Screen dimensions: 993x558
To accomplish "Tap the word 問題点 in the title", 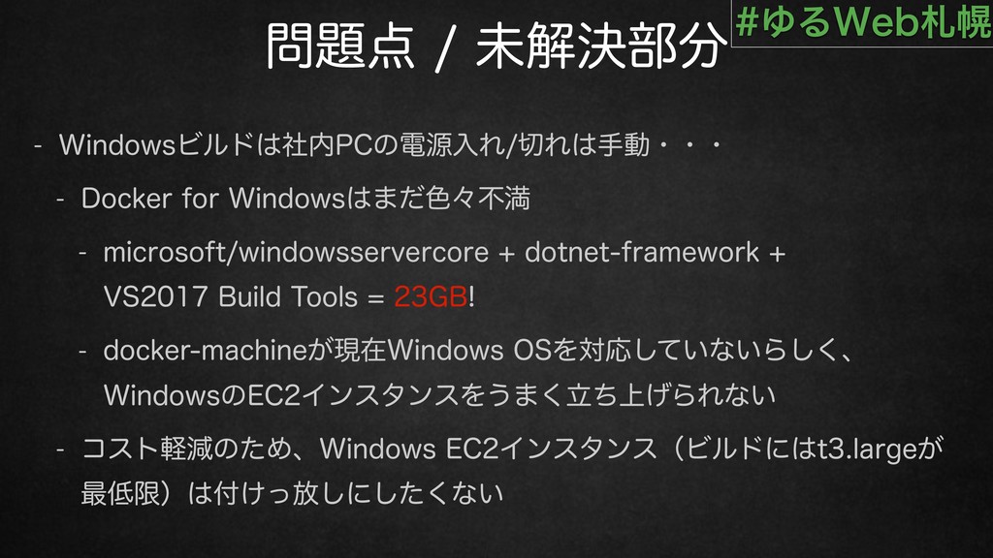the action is (340, 46).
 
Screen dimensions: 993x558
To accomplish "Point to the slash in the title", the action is (445, 48).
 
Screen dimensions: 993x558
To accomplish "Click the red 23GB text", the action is (431, 296).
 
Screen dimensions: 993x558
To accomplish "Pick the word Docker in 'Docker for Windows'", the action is (127, 199).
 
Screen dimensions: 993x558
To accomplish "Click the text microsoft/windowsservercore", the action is (296, 253).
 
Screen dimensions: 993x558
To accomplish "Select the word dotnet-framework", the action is (642, 253).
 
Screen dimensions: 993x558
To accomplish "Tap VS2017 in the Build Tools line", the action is (156, 296).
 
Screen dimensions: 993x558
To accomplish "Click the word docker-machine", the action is (206, 351).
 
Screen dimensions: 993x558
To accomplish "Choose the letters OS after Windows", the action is (532, 351).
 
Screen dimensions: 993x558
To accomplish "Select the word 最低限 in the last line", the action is (120, 493).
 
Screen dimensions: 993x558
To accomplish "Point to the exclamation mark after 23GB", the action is (472, 296).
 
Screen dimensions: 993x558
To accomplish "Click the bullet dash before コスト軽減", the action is (61, 449).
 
